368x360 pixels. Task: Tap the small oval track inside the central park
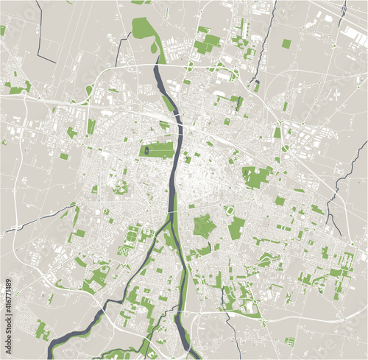pyautogui.click(x=147, y=149)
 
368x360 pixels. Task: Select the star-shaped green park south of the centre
pyautogui.click(x=204, y=225)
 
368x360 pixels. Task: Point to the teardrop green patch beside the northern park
pyautogui.click(x=154, y=49)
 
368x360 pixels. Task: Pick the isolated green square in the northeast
pyautogui.click(x=286, y=43)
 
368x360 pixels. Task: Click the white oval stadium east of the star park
pyautogui.click(x=230, y=211)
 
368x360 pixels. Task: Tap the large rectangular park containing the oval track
pyautogui.click(x=158, y=149)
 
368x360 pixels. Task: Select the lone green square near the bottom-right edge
pyautogui.click(x=289, y=341)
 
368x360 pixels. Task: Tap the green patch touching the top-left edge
pyautogui.click(x=3, y=30)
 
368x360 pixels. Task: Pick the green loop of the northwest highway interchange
pyautogui.click(x=89, y=91)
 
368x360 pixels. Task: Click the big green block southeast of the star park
pyautogui.click(x=236, y=228)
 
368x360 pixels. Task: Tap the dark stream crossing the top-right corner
pyautogui.click(x=343, y=10)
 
